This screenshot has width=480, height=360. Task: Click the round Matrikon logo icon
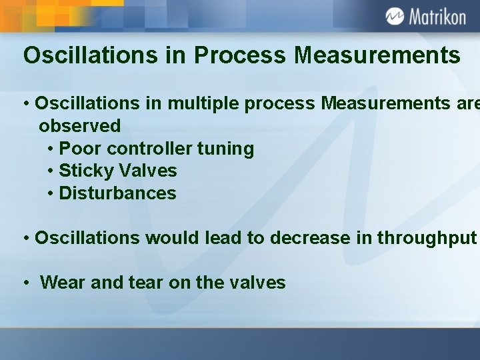point(395,16)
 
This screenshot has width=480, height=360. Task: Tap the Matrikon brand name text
point(437,17)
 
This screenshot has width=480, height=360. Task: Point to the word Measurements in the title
point(377,55)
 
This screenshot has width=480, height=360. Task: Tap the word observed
point(80,125)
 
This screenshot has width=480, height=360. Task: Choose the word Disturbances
point(117,193)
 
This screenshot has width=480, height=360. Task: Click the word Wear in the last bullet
point(60,283)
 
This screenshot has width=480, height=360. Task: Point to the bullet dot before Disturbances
point(51,194)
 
